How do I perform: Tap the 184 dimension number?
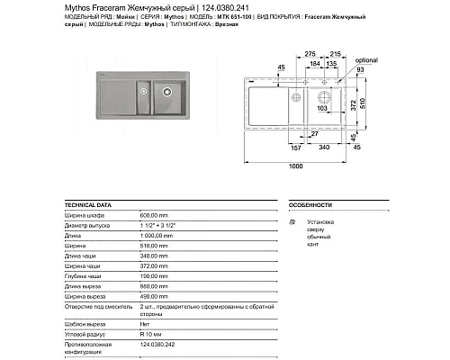point(318,65)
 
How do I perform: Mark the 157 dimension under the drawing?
point(294,146)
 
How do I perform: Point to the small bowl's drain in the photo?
point(142,88)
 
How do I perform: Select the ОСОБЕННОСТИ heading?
point(309,205)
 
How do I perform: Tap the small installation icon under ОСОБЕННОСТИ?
point(291,220)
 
